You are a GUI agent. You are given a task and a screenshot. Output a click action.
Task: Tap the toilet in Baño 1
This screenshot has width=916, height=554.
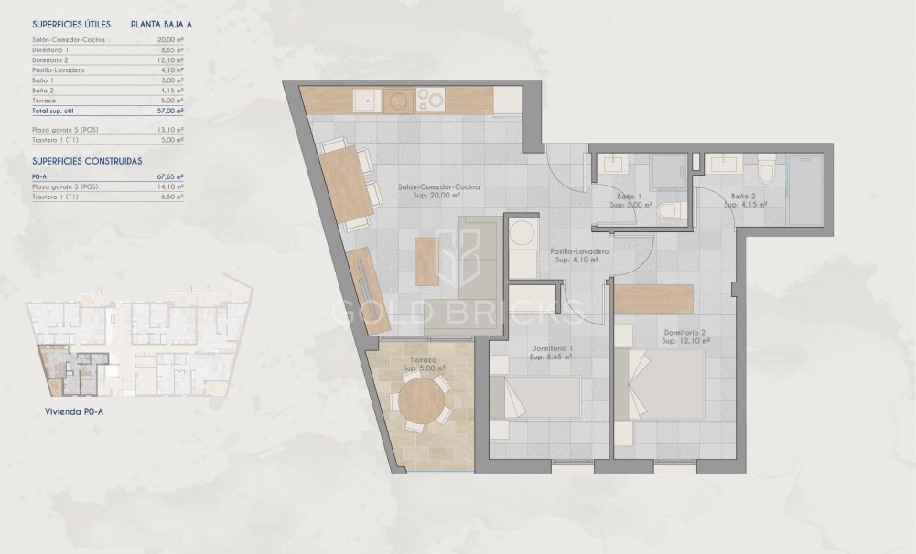coord(673,210)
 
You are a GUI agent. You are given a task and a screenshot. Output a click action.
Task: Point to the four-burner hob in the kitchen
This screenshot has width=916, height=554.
coord(429,99)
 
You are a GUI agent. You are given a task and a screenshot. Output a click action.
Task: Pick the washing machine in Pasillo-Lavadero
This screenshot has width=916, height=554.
coord(523,234)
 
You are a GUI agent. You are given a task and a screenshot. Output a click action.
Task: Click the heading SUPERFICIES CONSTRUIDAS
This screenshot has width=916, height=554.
coord(87,161)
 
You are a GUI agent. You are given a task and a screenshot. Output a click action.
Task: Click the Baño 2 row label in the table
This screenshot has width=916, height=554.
coord(43,90)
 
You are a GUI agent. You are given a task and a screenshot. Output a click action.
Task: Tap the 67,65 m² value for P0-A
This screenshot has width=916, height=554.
coord(170,176)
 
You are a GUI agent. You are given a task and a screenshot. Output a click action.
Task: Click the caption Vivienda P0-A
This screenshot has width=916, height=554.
coord(77,411)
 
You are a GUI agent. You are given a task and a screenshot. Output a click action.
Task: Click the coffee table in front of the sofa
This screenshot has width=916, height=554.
coord(427,261)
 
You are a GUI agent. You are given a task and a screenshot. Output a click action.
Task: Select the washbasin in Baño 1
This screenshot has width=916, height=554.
coord(612,165)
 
